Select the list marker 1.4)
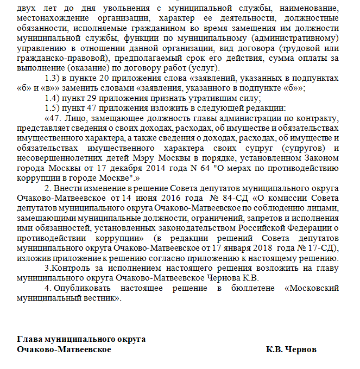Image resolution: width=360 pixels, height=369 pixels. pos(53,98)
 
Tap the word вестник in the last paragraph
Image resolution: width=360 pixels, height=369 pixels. pos(98,297)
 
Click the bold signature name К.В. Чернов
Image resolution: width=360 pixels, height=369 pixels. pos(291,349)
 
